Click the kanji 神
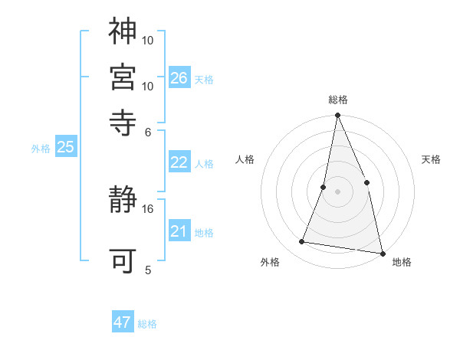click(123, 31)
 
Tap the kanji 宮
click(123, 77)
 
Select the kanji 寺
click(123, 122)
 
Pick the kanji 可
click(123, 261)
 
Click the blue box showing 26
click(179, 78)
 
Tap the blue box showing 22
click(179, 162)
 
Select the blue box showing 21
click(179, 231)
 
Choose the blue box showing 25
click(65, 147)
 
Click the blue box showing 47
click(123, 322)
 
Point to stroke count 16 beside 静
click(148, 208)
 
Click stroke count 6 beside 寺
click(148, 131)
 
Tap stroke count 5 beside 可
click(148, 270)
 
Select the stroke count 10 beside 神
click(148, 39)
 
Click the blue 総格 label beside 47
click(147, 324)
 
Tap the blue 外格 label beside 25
click(40, 149)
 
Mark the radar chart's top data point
click(337, 116)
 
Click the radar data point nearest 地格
click(381, 253)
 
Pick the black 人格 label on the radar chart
click(245, 159)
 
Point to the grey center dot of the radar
click(337, 191)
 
